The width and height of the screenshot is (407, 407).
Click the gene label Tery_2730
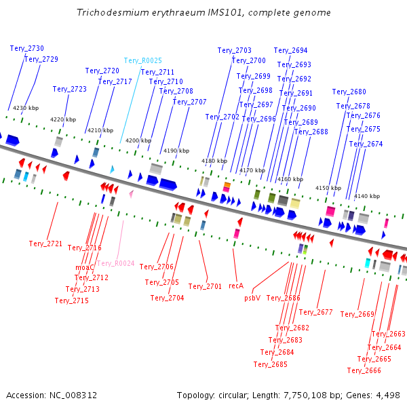click(x=27, y=49)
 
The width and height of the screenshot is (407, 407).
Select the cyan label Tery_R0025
click(x=142, y=61)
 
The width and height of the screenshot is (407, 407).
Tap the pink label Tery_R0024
click(x=116, y=263)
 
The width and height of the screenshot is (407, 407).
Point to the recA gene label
click(x=236, y=286)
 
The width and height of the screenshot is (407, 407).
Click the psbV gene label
click(x=252, y=298)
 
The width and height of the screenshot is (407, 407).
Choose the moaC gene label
click(x=84, y=268)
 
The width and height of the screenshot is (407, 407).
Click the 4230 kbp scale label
click(x=26, y=108)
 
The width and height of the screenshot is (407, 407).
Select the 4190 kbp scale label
click(x=176, y=151)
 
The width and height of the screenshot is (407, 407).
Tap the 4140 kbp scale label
click(x=367, y=196)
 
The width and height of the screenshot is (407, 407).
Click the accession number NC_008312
click(x=73, y=395)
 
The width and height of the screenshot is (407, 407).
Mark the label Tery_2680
click(x=349, y=92)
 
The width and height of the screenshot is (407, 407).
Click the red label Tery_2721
click(x=45, y=244)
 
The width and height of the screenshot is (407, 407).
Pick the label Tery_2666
click(x=364, y=370)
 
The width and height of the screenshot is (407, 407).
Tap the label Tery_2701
click(x=205, y=286)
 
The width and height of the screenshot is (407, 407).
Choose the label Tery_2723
click(x=70, y=90)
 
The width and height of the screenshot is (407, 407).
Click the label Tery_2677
click(x=315, y=312)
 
